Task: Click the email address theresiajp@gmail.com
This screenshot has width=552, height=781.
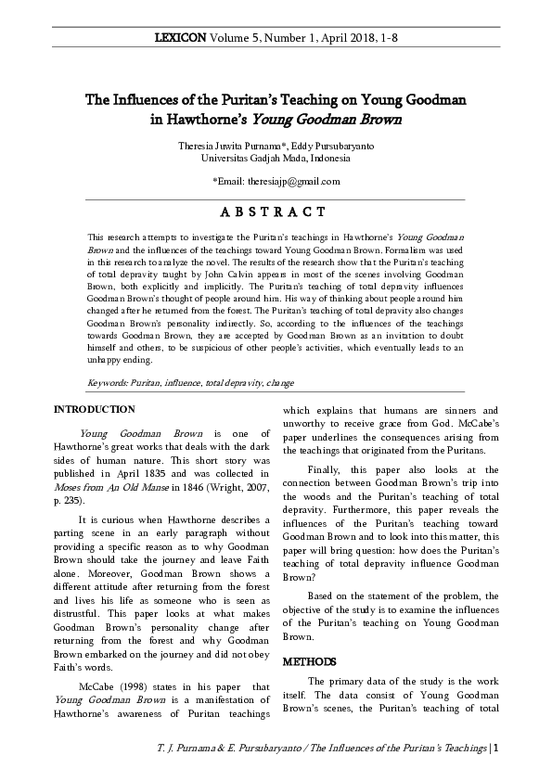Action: (289, 181)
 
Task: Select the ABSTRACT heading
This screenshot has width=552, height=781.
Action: (276, 213)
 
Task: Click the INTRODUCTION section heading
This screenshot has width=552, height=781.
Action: (94, 409)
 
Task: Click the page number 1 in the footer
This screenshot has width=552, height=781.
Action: (496, 748)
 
